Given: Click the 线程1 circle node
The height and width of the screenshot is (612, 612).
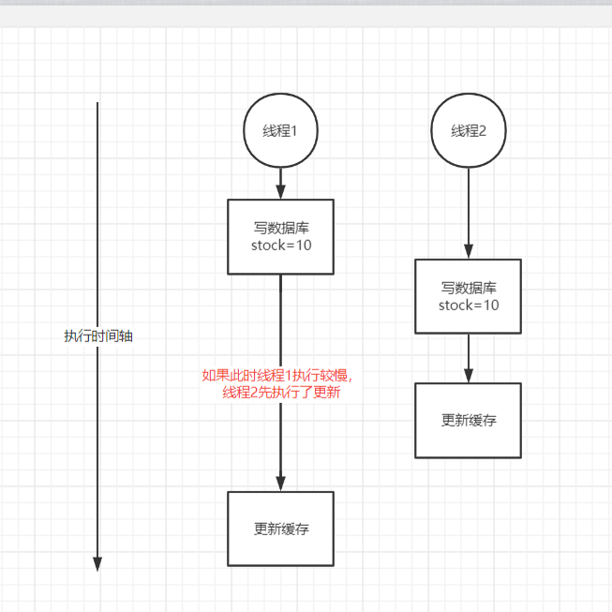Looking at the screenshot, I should click(281, 131).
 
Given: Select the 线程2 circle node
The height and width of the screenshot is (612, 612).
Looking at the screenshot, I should click(469, 131).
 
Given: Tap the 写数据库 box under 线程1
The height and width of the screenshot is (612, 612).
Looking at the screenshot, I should click(281, 236).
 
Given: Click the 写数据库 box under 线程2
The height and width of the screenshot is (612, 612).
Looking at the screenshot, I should click(469, 296).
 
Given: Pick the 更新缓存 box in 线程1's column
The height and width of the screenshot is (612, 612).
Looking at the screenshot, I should click(281, 529).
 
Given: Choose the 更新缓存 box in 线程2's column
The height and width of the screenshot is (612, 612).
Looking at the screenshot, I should click(469, 420).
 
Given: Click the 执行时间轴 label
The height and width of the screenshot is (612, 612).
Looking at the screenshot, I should click(97, 336).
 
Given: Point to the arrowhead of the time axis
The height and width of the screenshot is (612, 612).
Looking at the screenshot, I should click(97, 563).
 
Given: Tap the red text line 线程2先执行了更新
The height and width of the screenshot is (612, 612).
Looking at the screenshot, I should click(281, 394).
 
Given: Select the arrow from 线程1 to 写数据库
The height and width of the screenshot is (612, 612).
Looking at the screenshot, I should click(281, 183).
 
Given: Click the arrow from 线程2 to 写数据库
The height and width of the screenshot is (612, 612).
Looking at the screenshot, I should click(469, 212).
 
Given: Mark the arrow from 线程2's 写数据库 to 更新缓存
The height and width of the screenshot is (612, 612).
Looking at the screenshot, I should click(469, 357).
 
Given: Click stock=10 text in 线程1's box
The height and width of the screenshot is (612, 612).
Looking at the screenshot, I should click(281, 246).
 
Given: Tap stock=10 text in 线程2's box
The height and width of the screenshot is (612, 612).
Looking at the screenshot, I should click(469, 306).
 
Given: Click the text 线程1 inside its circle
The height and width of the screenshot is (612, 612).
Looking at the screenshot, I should click(281, 131).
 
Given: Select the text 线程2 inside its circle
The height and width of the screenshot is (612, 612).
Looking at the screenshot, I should click(469, 131).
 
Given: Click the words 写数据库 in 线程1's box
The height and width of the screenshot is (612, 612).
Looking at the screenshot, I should click(281, 228).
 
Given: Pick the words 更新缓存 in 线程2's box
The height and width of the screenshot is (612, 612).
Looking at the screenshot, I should click(469, 420).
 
